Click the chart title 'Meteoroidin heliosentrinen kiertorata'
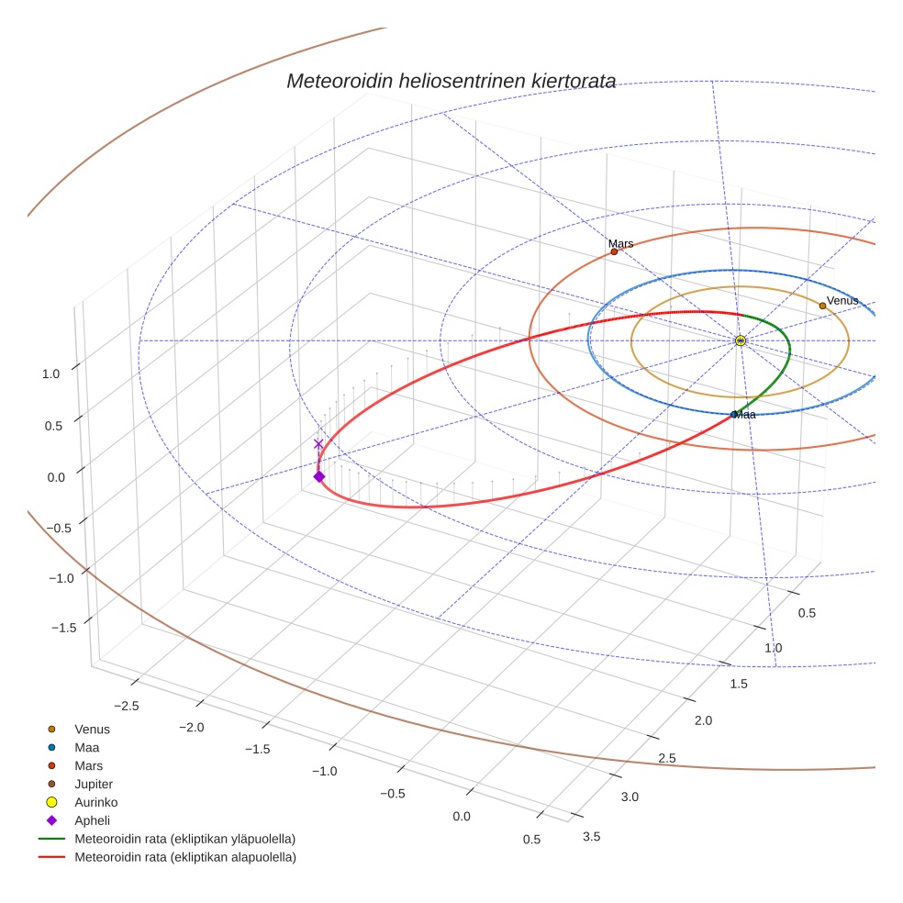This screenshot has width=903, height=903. click(451, 81)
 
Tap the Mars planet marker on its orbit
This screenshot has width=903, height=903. click(614, 251)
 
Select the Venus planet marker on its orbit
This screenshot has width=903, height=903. click(822, 306)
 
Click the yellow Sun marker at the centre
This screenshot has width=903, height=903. click(741, 341)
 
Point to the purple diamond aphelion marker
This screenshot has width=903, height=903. click(319, 476)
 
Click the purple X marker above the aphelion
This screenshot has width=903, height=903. click(318, 444)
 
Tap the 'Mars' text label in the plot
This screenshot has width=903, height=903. click(620, 243)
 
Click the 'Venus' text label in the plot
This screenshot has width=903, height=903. click(842, 300)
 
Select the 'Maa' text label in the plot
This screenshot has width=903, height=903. click(744, 415)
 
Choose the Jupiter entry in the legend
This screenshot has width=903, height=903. click(94, 784)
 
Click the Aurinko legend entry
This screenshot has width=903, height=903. click(95, 802)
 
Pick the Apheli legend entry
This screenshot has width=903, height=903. click(92, 820)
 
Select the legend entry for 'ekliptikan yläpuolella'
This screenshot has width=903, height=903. click(184, 839)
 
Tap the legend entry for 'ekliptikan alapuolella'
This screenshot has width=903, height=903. click(184, 857)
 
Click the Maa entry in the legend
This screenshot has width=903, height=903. click(87, 748)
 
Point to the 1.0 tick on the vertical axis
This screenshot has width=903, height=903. click(50, 373)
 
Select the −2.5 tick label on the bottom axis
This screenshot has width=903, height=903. click(127, 705)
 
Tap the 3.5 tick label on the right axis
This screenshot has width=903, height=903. click(592, 836)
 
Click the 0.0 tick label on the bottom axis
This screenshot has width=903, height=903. click(462, 817)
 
